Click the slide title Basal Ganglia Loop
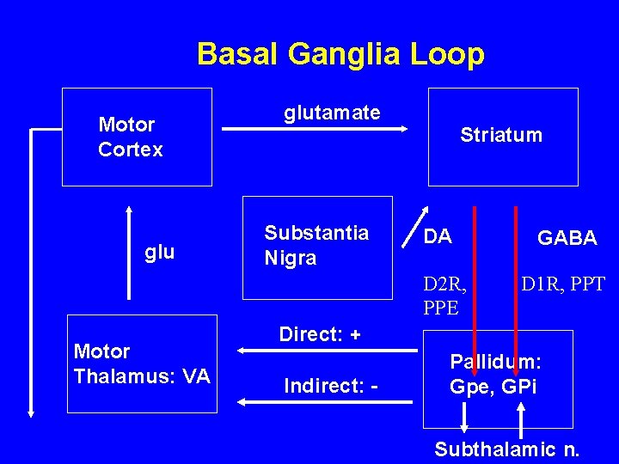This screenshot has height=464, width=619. (x=340, y=54)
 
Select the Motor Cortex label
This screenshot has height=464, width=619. (x=131, y=137)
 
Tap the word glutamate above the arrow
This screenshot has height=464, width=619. (x=332, y=113)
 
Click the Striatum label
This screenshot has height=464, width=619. (x=501, y=135)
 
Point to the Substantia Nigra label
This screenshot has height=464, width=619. (x=316, y=246)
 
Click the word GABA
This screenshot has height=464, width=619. (x=567, y=239)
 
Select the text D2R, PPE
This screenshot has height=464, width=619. (x=444, y=294)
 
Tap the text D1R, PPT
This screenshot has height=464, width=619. (x=562, y=283)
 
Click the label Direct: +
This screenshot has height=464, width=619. (x=320, y=334)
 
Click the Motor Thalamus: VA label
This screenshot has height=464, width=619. (x=142, y=363)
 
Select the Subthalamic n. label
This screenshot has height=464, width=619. (x=506, y=449)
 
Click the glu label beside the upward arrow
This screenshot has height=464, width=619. (x=160, y=252)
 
